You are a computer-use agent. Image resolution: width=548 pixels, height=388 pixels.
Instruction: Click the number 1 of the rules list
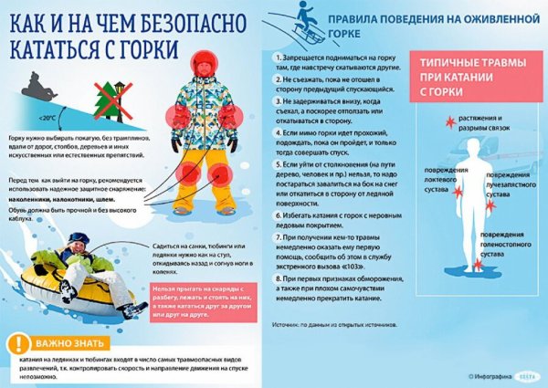tap(277, 56)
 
